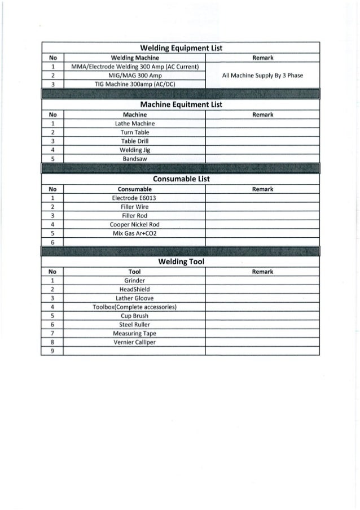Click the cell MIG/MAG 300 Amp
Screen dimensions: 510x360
135,75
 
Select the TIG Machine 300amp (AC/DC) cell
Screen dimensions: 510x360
135,84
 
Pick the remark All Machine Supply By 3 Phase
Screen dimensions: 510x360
263,75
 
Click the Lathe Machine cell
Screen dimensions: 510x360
135,123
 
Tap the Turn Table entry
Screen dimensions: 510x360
135,132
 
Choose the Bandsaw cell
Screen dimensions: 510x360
135,159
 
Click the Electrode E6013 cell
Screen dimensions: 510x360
135,198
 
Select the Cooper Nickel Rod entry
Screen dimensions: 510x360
135,224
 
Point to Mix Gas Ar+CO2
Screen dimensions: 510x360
135,233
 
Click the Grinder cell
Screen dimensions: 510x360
135,280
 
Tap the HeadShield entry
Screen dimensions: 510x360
135,289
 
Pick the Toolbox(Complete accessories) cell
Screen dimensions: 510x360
135,307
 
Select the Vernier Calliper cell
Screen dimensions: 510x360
135,343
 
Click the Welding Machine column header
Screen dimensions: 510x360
135,58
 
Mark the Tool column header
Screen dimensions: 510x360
135,272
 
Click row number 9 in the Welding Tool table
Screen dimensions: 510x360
52,351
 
